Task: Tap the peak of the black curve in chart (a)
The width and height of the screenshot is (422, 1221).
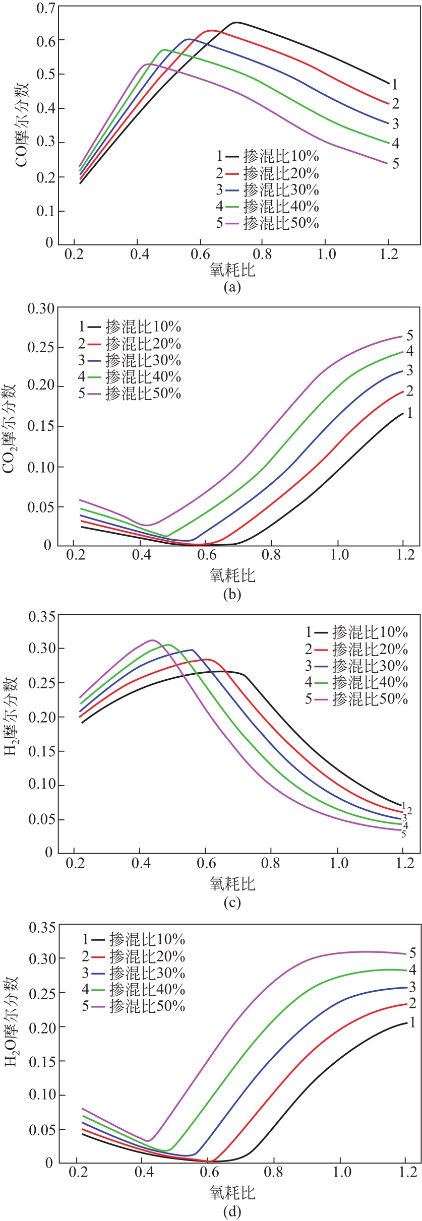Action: click(236, 22)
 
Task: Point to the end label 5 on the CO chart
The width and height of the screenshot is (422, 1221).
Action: click(396, 164)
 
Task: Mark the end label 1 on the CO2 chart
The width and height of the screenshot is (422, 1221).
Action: click(410, 413)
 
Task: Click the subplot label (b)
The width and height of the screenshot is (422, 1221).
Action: click(232, 595)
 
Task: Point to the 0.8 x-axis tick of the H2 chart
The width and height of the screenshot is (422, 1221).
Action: click(271, 863)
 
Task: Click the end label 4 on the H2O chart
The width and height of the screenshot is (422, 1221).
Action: click(412, 969)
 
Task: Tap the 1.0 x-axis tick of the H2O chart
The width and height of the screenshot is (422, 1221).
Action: click(341, 1171)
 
